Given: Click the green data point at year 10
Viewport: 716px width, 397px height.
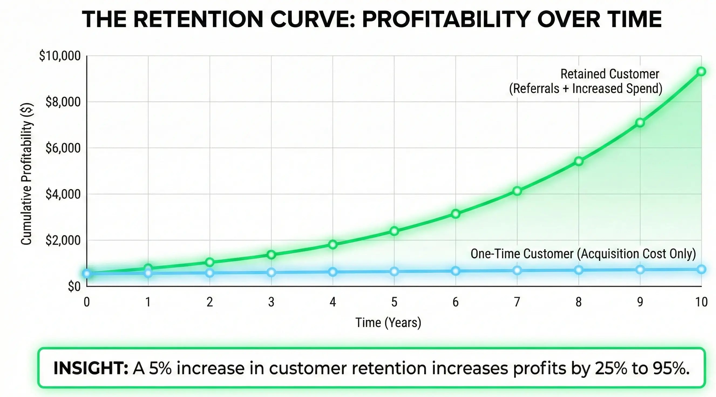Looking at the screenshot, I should tap(701, 72).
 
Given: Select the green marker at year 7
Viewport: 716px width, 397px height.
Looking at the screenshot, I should tap(517, 191).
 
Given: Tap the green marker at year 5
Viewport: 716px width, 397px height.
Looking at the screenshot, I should tap(394, 231).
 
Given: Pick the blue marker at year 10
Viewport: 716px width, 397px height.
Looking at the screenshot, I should tap(701, 269).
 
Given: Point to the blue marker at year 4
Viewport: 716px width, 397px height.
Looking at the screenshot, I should tap(333, 272).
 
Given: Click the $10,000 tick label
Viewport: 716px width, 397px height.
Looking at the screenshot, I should tap(60, 56).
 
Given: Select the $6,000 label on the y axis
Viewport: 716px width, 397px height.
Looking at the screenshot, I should tap(63, 148).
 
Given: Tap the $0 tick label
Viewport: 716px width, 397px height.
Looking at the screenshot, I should tap(74, 287).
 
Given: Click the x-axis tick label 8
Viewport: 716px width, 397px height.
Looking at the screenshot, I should tap(578, 302).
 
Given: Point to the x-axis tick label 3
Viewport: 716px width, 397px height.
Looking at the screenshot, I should tap(271, 302).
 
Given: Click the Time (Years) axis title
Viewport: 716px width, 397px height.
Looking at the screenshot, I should tap(388, 323).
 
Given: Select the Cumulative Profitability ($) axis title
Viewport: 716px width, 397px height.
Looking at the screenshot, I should tap(27, 174).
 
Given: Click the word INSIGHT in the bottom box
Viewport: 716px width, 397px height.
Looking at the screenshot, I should tap(91, 368).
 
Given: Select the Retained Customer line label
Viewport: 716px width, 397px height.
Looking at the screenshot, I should tap(610, 74).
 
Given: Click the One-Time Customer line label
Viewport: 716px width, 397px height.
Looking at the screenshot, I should tap(583, 254).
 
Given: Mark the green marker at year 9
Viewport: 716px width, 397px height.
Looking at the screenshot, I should tap(640, 123).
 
